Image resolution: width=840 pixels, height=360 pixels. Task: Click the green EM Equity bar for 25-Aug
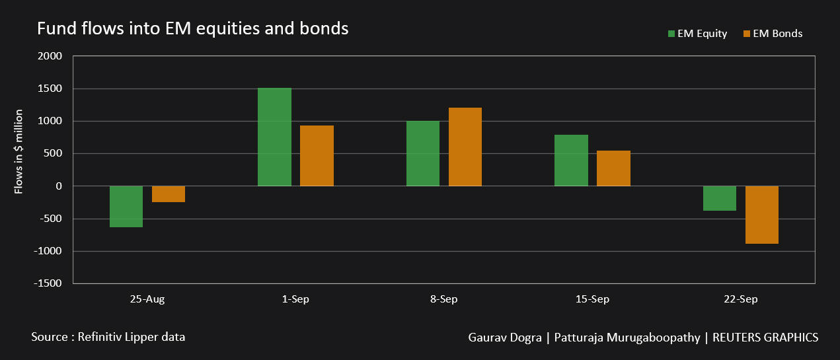(126, 206)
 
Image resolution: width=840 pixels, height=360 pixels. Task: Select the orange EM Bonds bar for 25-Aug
(169, 194)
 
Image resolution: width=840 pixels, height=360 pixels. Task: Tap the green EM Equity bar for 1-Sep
(274, 137)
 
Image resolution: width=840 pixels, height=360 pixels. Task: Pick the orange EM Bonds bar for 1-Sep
(317, 156)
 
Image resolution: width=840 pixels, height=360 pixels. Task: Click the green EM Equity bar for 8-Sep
(423, 153)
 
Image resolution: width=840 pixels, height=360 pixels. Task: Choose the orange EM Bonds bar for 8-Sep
(465, 147)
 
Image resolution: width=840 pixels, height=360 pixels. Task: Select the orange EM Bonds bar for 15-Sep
(613, 168)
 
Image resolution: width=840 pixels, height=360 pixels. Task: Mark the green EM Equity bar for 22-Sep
(720, 198)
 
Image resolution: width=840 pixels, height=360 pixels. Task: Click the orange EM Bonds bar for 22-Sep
(762, 215)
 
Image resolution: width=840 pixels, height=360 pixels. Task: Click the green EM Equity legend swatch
(671, 34)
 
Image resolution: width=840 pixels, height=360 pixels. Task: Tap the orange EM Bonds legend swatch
(747, 34)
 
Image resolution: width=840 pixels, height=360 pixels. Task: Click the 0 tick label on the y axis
(59, 186)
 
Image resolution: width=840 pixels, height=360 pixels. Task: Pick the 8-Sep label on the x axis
(443, 299)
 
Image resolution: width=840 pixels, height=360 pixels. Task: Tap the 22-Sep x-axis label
(740, 299)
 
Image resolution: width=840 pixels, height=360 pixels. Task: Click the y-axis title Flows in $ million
(19, 151)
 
